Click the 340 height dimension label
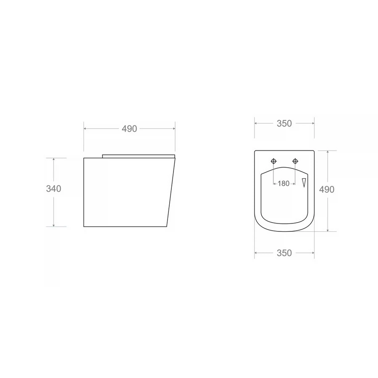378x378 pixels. tap(53, 189)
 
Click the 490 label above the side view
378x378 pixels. tap(129, 129)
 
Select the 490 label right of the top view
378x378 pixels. tap(327, 189)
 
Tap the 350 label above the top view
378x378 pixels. tap(284, 123)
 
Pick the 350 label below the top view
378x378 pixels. tap(284, 253)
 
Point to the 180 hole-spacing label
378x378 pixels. tap(283, 184)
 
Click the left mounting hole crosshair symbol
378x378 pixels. tap(273, 161)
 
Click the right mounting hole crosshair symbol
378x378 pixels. tap(295, 161)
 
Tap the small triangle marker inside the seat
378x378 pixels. tap(304, 183)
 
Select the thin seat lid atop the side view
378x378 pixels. tap(139, 156)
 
